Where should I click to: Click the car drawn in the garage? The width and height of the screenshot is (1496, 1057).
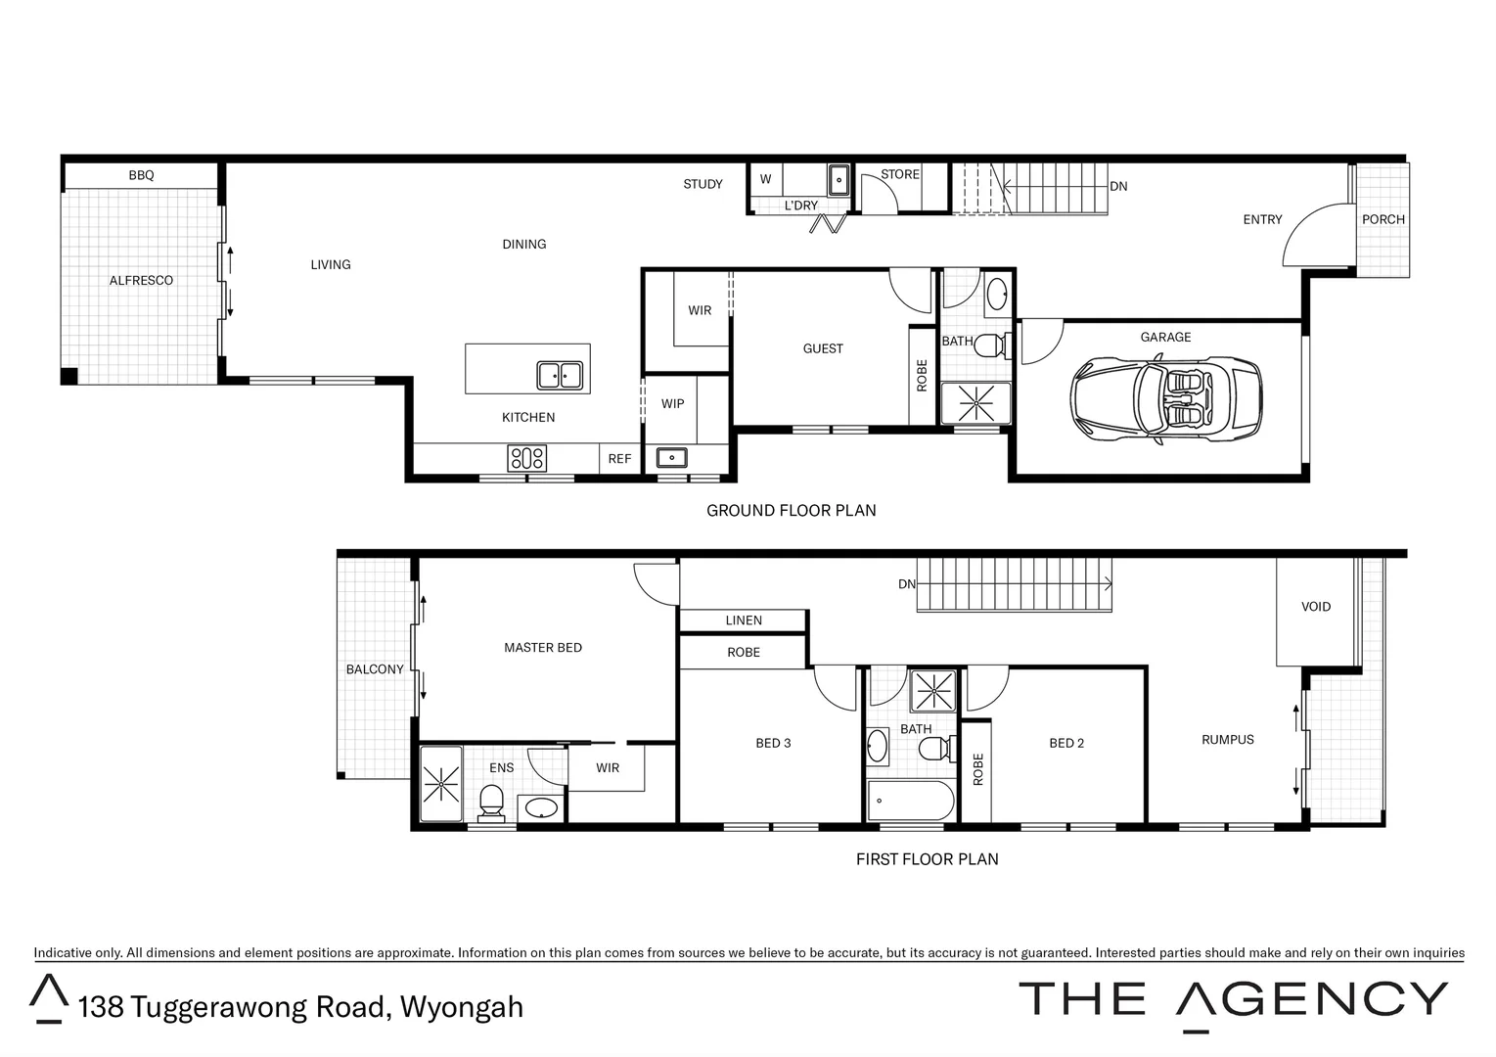click(x=1165, y=401)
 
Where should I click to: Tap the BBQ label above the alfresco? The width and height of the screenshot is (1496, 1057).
click(x=141, y=175)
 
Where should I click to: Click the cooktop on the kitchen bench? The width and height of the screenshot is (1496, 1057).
click(x=526, y=458)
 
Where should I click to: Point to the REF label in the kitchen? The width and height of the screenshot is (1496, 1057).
click(x=619, y=459)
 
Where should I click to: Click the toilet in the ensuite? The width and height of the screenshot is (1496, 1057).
click(x=491, y=804)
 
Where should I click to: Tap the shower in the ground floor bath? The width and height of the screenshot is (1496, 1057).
click(x=975, y=402)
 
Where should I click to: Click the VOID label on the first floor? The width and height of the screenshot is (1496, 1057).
click(x=1315, y=607)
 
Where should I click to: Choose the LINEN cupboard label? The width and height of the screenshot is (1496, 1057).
click(x=744, y=620)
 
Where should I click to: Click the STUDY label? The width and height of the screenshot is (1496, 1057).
click(x=703, y=184)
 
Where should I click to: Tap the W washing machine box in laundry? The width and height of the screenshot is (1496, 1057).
click(x=766, y=180)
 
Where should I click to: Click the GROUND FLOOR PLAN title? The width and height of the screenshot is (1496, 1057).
click(x=791, y=510)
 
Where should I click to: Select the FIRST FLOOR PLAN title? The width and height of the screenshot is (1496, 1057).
click(x=927, y=859)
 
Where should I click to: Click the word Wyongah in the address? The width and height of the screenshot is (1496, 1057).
click(x=462, y=1006)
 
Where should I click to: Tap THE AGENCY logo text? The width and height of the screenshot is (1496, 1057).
click(x=1233, y=1000)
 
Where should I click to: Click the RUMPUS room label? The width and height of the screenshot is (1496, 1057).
click(x=1227, y=740)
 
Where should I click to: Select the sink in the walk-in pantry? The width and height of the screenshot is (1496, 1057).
click(x=671, y=457)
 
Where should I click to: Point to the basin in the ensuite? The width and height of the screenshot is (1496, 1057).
click(x=540, y=808)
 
